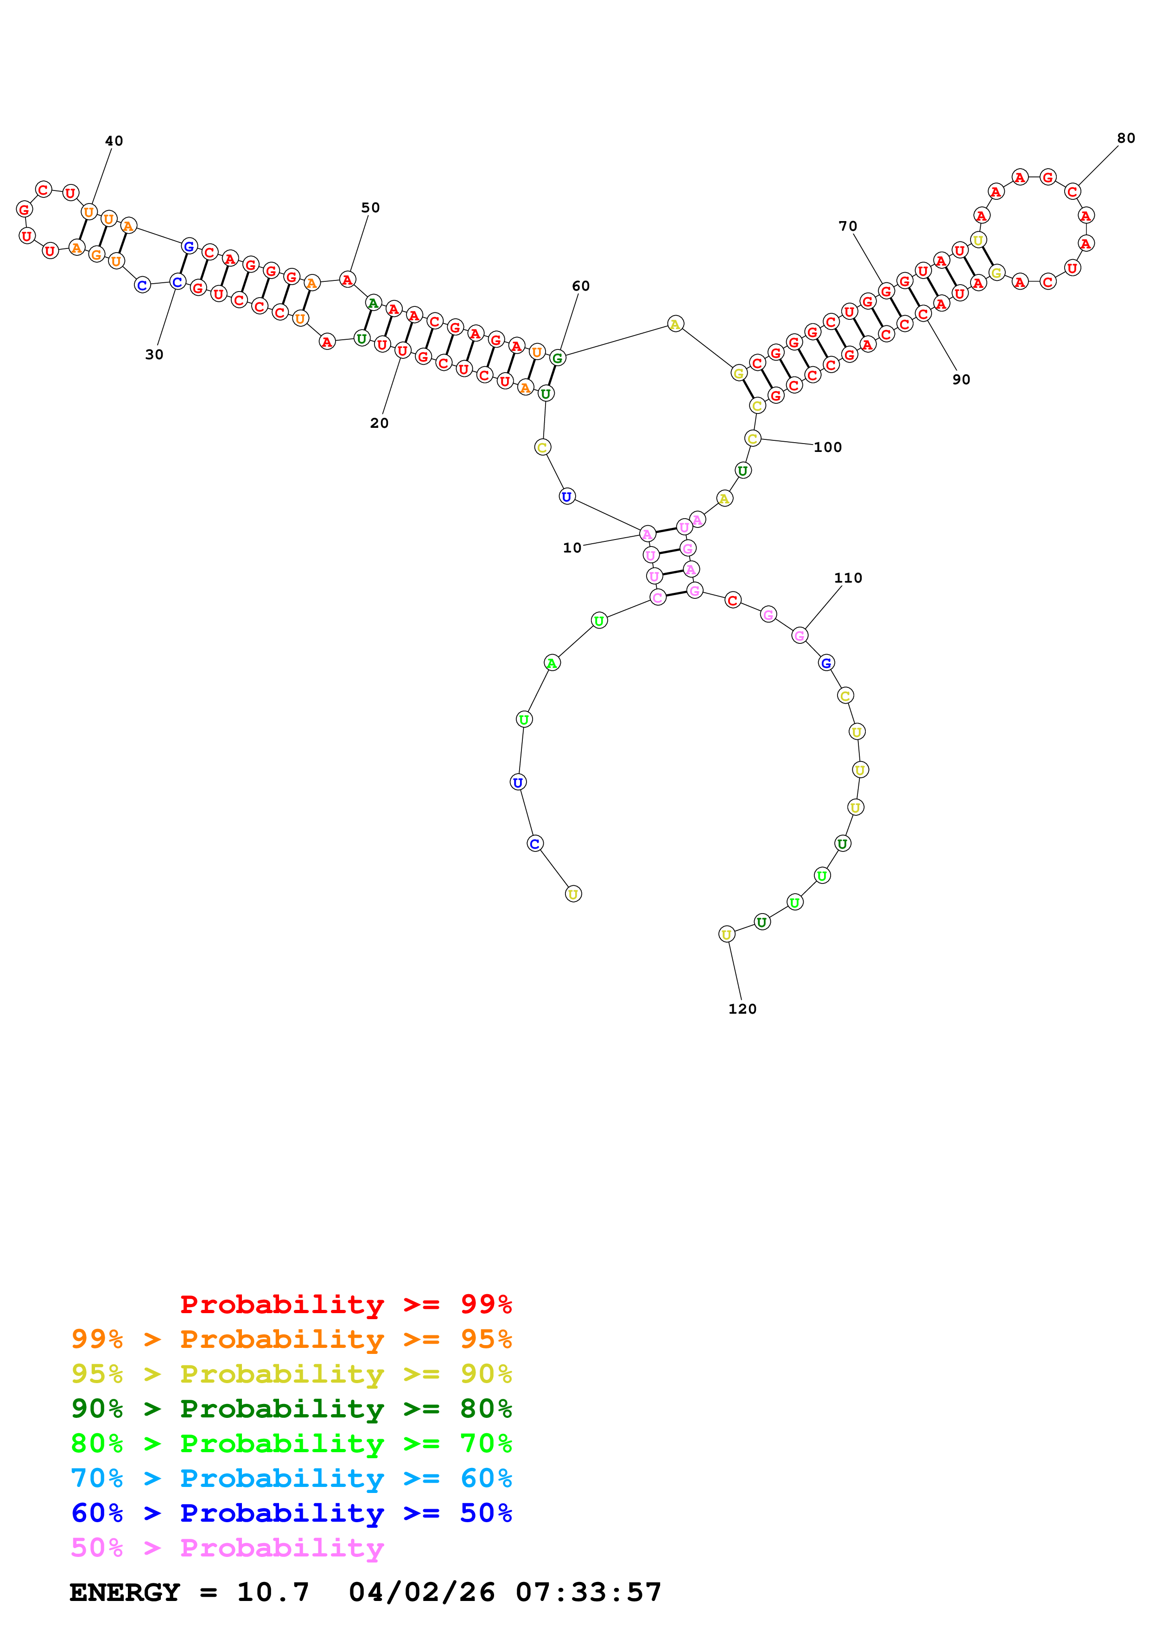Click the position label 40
[114, 141]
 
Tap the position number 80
[1126, 138]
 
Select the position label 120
[742, 1009]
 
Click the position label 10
[572, 547]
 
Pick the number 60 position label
[580, 286]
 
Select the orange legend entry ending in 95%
[291, 1339]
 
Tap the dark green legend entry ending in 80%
[291, 1409]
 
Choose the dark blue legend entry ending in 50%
[291, 1513]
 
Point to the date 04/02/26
[421, 1592]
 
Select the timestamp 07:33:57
[588, 1592]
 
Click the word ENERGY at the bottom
[125, 1592]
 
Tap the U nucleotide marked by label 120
[726, 934]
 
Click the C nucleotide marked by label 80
[1073, 191]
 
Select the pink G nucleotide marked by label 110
[799, 635]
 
